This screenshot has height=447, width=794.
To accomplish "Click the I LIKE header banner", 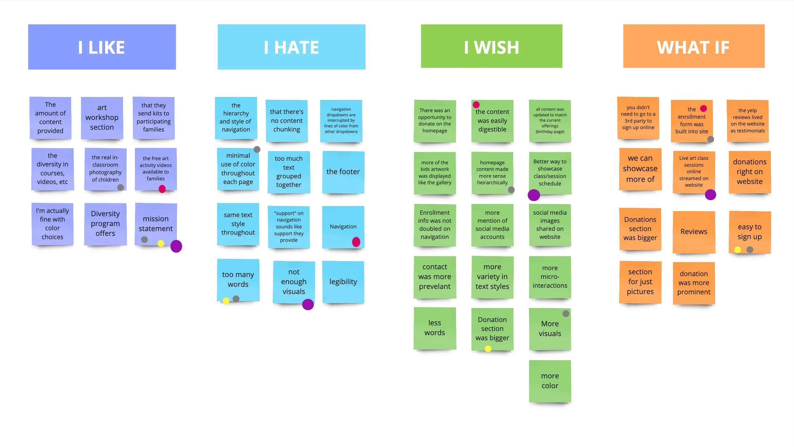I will click(x=102, y=47).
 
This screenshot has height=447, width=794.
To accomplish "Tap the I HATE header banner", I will click(x=291, y=47).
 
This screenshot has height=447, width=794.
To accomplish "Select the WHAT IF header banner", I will click(x=694, y=46).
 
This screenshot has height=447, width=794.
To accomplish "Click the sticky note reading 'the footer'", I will click(x=343, y=172).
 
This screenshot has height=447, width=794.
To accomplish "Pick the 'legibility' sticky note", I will click(x=343, y=282).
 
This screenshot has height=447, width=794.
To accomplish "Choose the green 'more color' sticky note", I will click(x=550, y=381).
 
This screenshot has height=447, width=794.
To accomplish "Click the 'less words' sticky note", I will click(x=434, y=328).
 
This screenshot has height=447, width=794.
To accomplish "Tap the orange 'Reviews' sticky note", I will click(x=694, y=232).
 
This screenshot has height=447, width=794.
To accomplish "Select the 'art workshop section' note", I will click(x=102, y=118).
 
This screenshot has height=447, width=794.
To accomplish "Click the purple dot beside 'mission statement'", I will click(x=176, y=246).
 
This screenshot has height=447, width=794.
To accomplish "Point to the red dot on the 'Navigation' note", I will click(x=356, y=242).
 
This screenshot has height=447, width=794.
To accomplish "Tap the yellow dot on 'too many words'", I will click(x=226, y=300).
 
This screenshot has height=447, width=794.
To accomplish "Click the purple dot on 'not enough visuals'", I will click(x=308, y=304).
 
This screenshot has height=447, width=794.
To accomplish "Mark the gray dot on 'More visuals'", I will click(x=566, y=313).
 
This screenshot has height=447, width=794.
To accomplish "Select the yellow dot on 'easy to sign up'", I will click(x=737, y=250).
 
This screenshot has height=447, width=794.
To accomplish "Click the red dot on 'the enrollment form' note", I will click(x=703, y=108).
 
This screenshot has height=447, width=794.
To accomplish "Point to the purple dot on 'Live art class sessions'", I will click(x=710, y=195).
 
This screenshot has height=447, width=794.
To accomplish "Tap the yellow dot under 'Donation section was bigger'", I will click(x=488, y=349).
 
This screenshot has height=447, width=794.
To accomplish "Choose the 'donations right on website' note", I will click(x=750, y=172).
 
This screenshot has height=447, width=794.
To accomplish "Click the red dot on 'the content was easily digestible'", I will click(x=476, y=105).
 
